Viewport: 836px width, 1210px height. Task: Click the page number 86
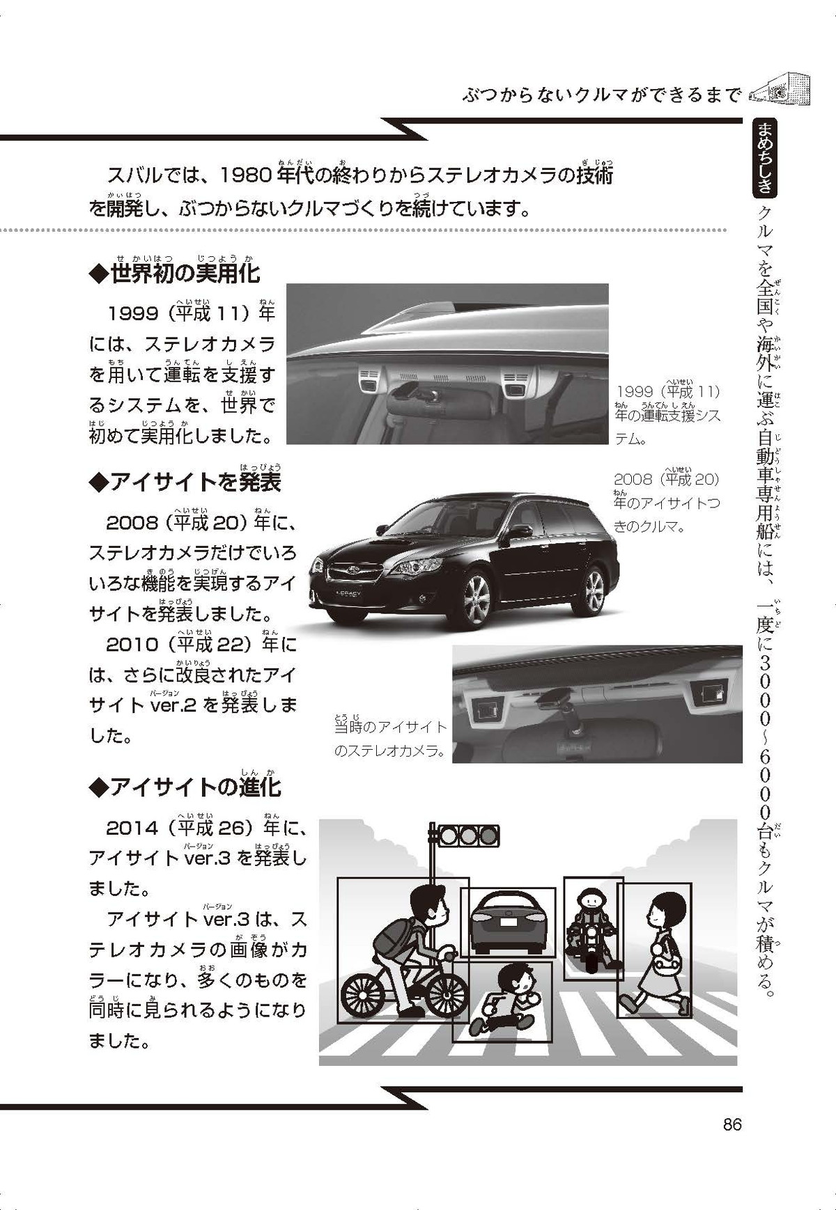(732, 1124)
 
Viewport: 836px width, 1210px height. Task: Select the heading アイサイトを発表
(185, 481)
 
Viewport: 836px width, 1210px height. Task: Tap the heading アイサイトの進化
(185, 787)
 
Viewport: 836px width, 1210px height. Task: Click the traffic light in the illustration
(464, 835)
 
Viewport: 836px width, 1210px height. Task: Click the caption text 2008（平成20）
(666, 479)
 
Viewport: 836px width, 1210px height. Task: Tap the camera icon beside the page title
(779, 91)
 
